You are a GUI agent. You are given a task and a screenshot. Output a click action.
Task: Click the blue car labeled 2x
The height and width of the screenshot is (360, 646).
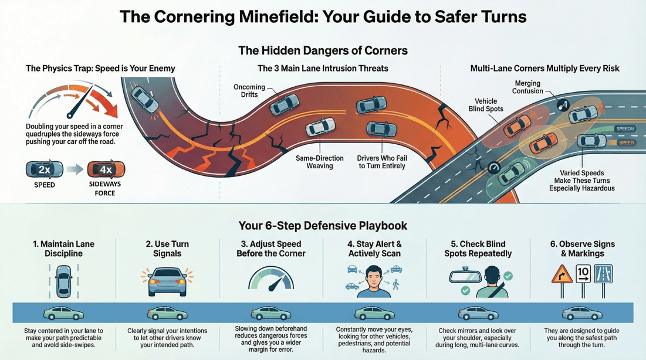click(45, 170)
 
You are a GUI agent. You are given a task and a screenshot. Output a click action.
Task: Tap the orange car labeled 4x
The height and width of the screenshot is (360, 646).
click(106, 170)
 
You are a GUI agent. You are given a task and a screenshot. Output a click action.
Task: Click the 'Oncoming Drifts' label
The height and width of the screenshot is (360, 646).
click(249, 91)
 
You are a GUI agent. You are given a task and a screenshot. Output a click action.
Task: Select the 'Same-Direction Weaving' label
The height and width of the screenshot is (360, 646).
click(319, 162)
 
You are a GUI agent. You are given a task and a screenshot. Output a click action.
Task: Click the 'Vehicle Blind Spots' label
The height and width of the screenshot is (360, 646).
click(486, 105)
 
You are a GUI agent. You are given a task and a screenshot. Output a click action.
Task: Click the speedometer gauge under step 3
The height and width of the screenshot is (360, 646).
click(270, 278)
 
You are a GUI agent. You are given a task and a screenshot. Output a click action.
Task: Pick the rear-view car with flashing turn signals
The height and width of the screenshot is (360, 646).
click(167, 280)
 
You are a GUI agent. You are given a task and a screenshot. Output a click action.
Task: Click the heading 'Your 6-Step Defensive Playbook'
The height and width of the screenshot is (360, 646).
click(323, 225)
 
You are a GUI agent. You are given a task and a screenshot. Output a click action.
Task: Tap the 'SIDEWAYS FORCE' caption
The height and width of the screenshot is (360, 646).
click(105, 188)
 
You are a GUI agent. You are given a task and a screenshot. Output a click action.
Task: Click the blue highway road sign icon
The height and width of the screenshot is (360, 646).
click(603, 274)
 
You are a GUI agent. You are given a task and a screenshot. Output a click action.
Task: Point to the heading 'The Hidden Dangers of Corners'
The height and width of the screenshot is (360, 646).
click(323, 50)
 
